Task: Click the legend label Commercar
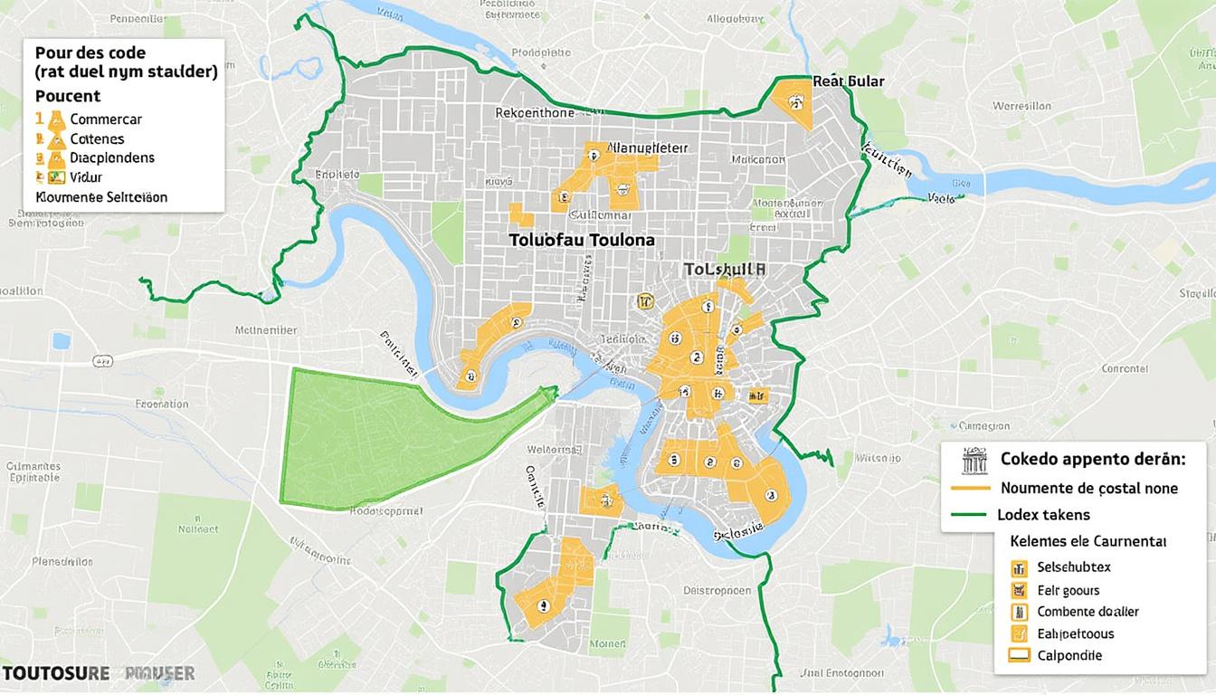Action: click(x=106, y=119)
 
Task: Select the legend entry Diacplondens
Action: click(x=111, y=157)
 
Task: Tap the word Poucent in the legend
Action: click(x=68, y=96)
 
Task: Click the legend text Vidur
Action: click(x=86, y=177)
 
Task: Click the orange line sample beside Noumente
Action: click(x=970, y=488)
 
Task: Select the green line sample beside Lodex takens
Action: click(x=970, y=515)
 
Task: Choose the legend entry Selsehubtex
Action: click(x=1073, y=567)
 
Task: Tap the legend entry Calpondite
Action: click(x=1069, y=655)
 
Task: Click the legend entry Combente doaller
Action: click(x=1088, y=612)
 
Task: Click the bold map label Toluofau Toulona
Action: click(x=581, y=240)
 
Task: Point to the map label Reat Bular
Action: click(x=848, y=81)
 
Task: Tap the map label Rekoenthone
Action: click(x=535, y=113)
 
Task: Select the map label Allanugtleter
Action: click(x=647, y=148)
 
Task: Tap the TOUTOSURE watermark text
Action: click(x=55, y=673)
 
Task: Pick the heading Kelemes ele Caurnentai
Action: click(x=1088, y=541)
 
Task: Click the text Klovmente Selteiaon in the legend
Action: click(x=101, y=196)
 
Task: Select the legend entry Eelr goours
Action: click(x=1069, y=590)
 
